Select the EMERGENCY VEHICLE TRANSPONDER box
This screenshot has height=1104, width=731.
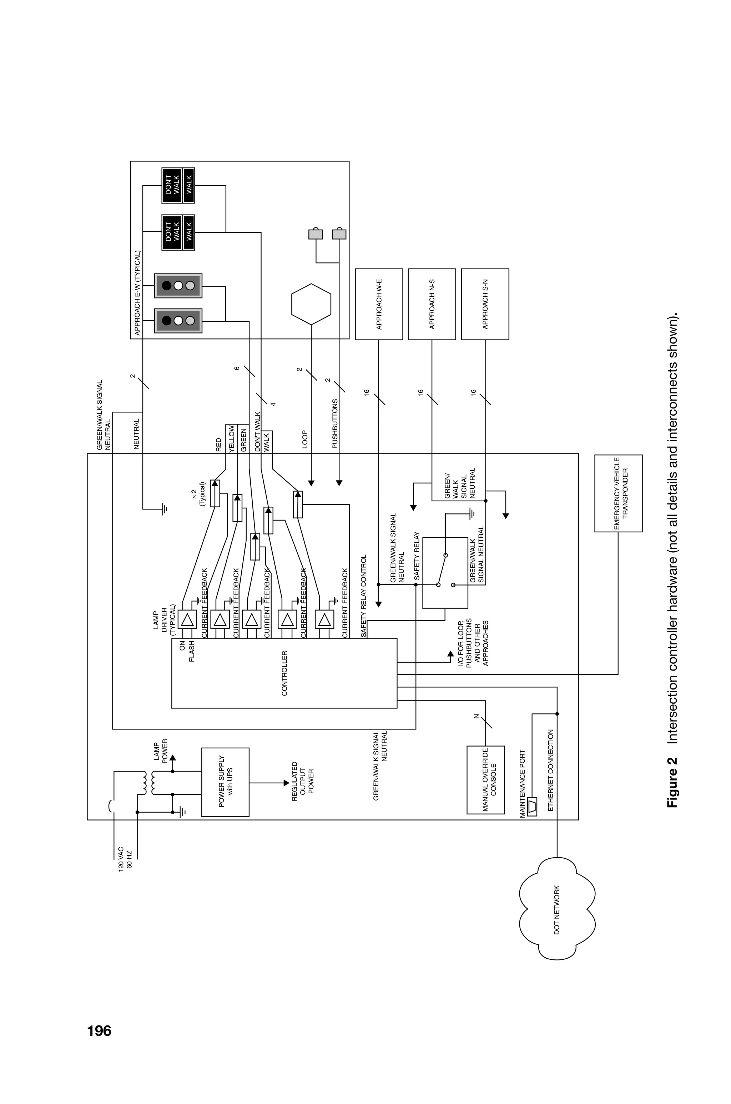618,493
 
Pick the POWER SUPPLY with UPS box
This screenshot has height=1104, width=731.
225,782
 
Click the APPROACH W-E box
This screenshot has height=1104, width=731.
379,304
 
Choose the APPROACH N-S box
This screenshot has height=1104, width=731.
432,304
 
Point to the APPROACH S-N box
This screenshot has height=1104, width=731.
485,304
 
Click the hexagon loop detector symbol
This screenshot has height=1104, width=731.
311,304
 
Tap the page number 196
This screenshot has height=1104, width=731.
99,1030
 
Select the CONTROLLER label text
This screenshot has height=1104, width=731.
284,673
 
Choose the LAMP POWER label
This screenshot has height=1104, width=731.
161,751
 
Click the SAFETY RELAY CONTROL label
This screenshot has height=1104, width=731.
364,596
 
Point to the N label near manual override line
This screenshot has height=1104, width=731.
476,717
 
